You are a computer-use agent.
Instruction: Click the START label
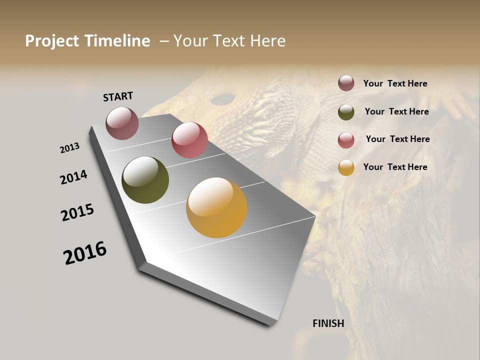pyautogui.click(x=118, y=96)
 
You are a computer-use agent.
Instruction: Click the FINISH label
pyautogui.click(x=328, y=323)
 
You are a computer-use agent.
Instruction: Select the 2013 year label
pyautogui.click(x=69, y=148)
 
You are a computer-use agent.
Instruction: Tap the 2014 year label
pyautogui.click(x=73, y=177)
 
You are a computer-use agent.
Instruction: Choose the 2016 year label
pyautogui.click(x=85, y=253)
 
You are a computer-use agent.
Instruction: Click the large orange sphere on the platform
pyautogui.click(x=216, y=207)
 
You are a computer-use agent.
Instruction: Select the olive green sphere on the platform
pyautogui.click(x=145, y=180)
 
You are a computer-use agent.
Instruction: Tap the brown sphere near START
pyautogui.click(x=122, y=123)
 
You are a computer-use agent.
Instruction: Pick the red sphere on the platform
pyautogui.click(x=189, y=140)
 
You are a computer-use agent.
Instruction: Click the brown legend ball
pyautogui.click(x=346, y=83)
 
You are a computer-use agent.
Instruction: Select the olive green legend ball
pyautogui.click(x=346, y=112)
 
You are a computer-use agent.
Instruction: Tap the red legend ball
pyautogui.click(x=346, y=140)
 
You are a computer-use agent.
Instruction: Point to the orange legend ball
pyautogui.click(x=346, y=167)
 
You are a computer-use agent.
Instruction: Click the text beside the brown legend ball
pyautogui.click(x=395, y=83)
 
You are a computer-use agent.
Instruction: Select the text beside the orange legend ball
pyautogui.click(x=395, y=167)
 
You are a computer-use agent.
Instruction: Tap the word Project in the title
pyautogui.click(x=51, y=41)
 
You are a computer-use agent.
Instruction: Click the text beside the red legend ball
pyautogui.click(x=397, y=139)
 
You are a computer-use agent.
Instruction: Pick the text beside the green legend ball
pyautogui.click(x=396, y=111)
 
